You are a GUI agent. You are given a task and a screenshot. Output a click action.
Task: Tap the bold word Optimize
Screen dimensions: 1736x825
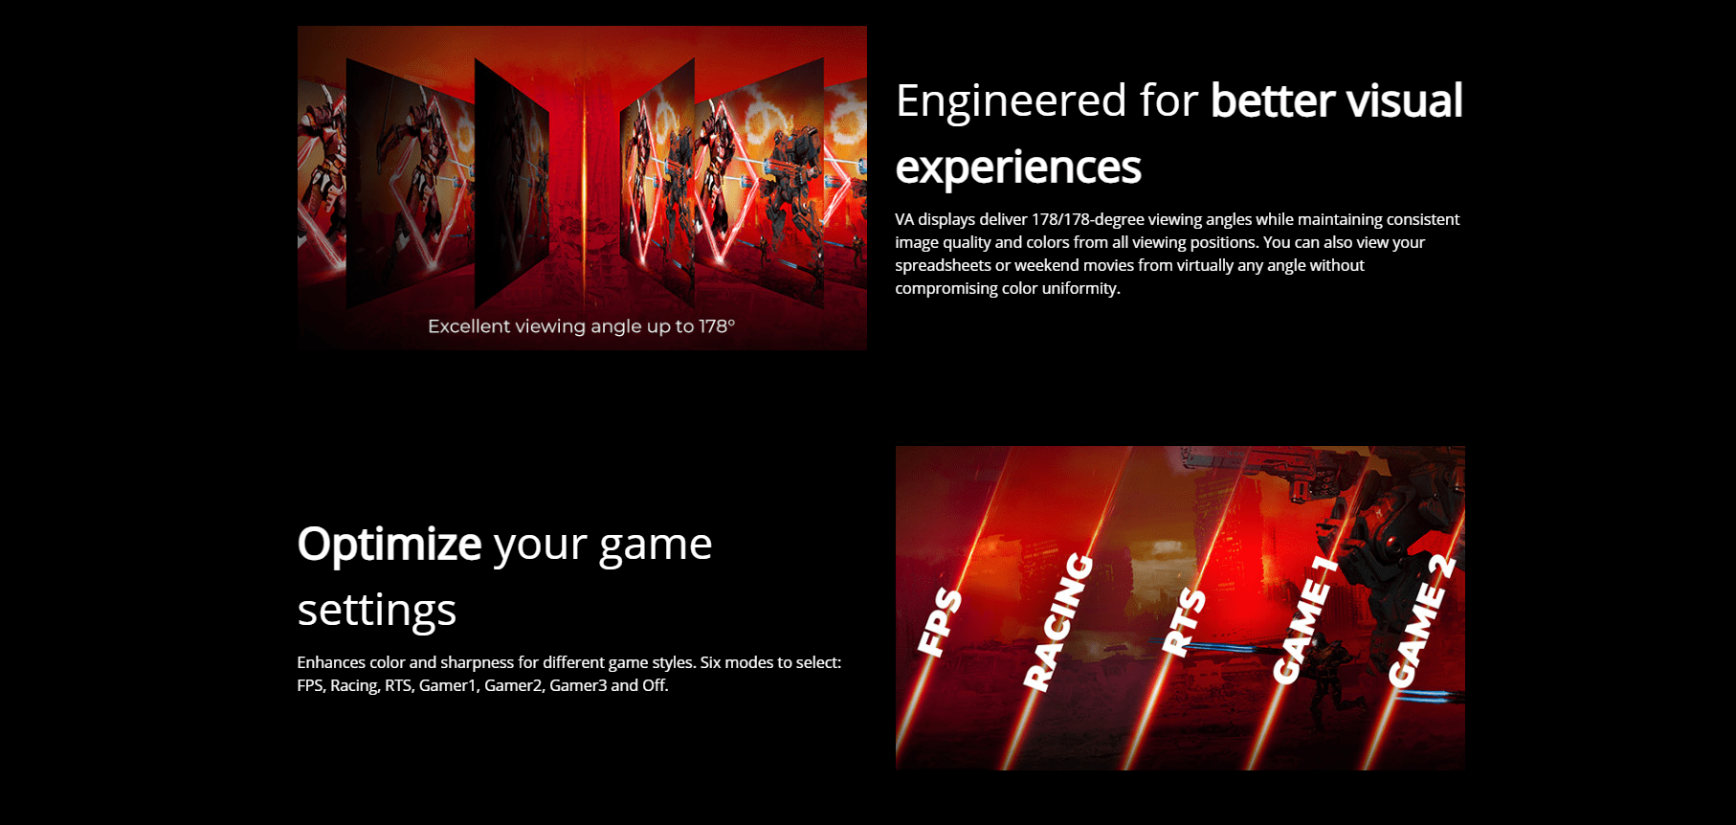tap(389, 546)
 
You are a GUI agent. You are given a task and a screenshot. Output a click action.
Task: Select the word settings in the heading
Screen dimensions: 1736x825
tap(377, 611)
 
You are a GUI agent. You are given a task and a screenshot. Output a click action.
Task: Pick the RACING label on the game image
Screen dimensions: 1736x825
tap(1057, 621)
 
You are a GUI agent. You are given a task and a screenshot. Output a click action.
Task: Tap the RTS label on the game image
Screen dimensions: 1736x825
tap(1184, 622)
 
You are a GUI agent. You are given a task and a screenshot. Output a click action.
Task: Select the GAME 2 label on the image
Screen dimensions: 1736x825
tap(1422, 621)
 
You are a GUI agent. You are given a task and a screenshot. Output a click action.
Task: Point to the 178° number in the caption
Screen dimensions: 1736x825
tap(717, 326)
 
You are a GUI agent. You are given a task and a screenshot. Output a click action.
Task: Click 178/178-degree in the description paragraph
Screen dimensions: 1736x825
tap(1087, 219)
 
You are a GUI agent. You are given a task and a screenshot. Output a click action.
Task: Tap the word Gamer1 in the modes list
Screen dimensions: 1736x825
tap(449, 685)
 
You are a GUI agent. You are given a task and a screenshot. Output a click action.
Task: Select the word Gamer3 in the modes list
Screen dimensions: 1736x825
tap(578, 685)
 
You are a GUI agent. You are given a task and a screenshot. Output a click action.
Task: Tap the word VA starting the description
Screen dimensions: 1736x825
tap(904, 219)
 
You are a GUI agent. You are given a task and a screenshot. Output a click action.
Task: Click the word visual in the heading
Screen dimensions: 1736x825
tap(1405, 101)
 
